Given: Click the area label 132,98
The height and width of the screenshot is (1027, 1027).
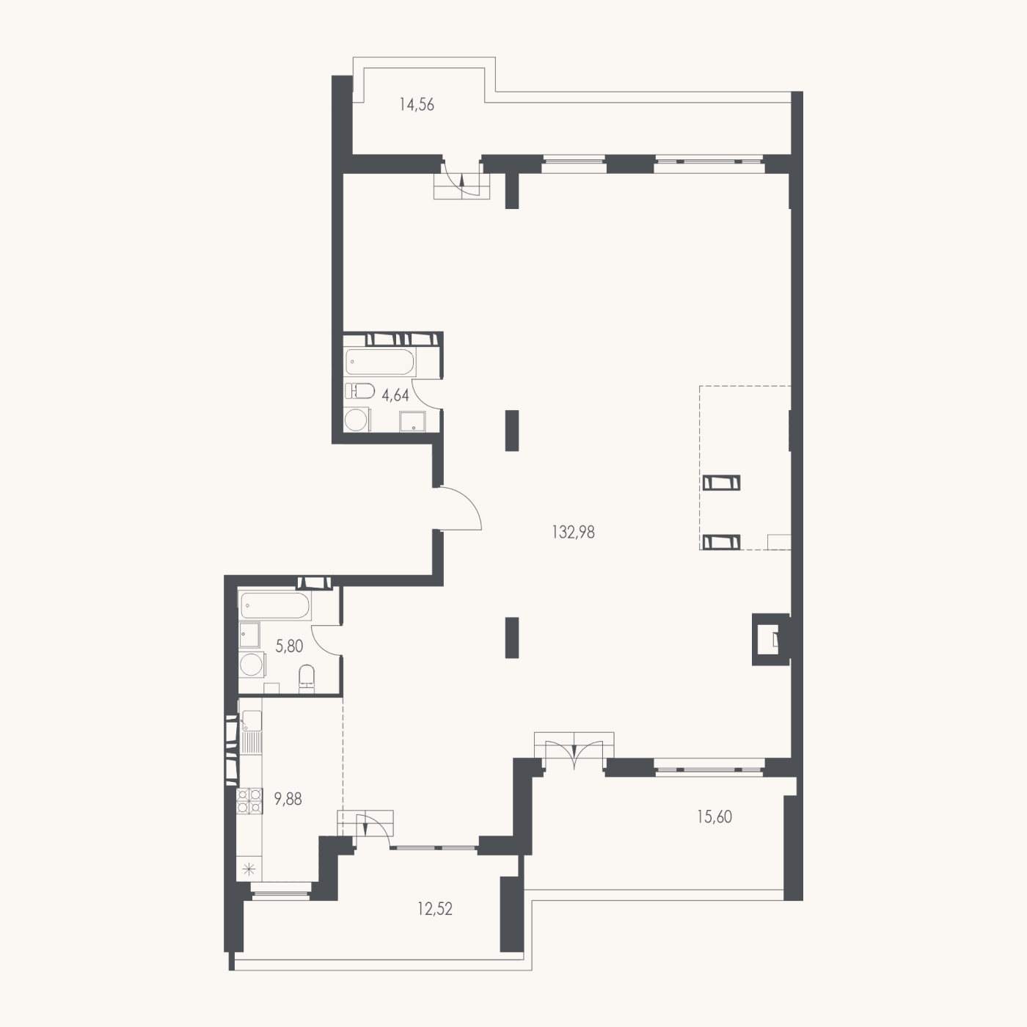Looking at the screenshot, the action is [573, 533].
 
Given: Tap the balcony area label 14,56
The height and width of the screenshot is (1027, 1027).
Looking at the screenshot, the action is [417, 105].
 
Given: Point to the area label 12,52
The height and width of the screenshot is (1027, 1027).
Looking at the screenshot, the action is [435, 909].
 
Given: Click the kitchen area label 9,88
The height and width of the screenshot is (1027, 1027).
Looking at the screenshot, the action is [288, 799].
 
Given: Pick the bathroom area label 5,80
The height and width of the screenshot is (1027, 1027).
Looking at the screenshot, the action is [289, 646].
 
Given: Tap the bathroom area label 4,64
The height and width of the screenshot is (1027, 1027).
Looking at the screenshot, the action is [395, 395].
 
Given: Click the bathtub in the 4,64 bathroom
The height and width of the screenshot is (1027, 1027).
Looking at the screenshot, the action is [379, 362].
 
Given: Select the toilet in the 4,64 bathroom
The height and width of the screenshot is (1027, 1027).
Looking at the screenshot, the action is [359, 392].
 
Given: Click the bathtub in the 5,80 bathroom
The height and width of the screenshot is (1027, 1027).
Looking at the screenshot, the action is [275, 605].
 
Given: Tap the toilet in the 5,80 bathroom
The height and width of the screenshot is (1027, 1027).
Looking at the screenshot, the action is [307, 679].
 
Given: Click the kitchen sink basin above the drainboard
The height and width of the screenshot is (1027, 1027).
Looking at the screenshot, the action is [252, 720].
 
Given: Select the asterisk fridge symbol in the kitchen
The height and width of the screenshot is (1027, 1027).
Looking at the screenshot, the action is [249, 871].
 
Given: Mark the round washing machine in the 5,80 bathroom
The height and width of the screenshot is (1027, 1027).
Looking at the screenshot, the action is [251, 665].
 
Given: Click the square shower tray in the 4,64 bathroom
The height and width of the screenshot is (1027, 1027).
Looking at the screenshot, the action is [413, 422].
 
